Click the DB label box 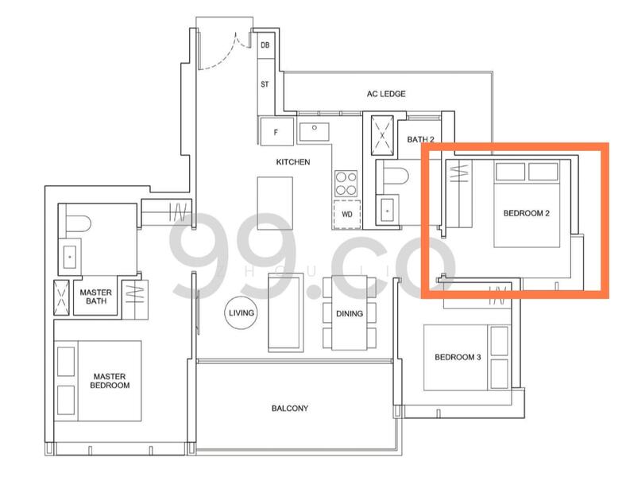(265, 45)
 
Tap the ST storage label (265, 84)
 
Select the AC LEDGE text (386, 94)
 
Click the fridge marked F (276, 131)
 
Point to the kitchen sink (315, 131)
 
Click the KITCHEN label (293, 162)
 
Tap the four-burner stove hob (346, 184)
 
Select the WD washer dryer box (347, 214)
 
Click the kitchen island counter (275, 204)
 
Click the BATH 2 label (420, 139)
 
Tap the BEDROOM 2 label (526, 213)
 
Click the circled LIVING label (242, 312)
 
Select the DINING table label (350, 313)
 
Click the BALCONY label (290, 409)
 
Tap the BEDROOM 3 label (458, 357)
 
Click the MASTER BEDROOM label (110, 381)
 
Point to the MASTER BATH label (96, 297)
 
